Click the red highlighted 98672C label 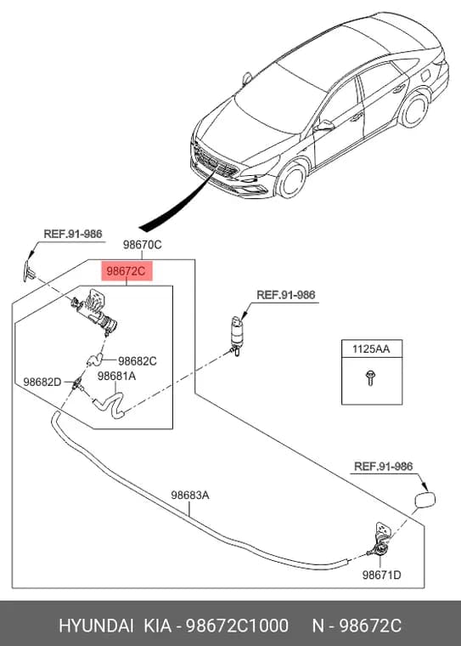tap(126, 271)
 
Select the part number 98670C tap(142, 245)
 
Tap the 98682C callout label tap(137, 361)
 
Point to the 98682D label tap(42, 382)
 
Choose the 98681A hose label tap(116, 376)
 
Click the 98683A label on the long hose tap(190, 495)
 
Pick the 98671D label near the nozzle tap(381, 575)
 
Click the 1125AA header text tap(371, 349)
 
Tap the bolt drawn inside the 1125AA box tap(369, 377)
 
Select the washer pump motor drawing tap(236, 336)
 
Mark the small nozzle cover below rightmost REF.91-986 tap(424, 500)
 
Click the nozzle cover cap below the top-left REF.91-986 tap(29, 270)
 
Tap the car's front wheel tap(293, 180)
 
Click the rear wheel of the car tap(414, 110)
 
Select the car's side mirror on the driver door tap(324, 125)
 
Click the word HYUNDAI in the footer tap(96, 626)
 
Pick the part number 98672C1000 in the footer tap(237, 626)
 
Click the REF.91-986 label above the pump tap(285, 295)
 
